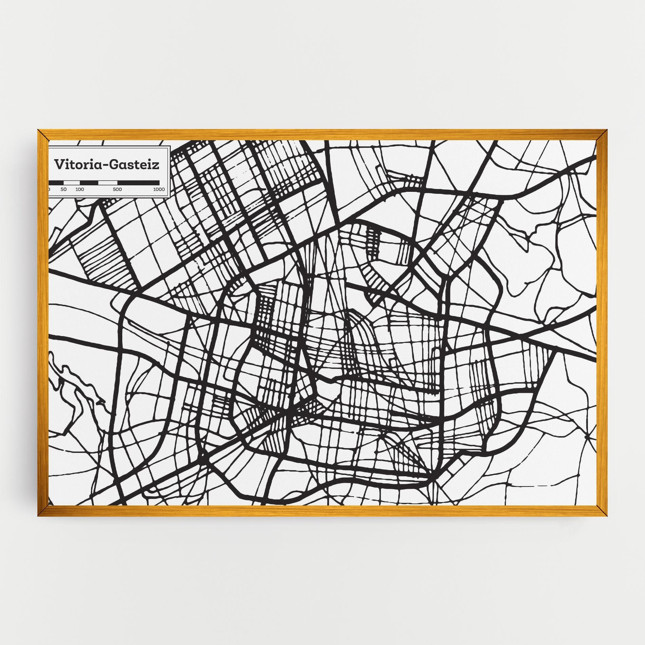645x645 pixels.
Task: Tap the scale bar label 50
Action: point(64,189)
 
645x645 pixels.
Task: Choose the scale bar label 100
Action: point(80,189)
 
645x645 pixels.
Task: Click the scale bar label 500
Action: point(117,189)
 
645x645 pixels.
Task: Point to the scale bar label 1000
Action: point(159,189)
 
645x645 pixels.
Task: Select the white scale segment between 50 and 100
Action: point(72,183)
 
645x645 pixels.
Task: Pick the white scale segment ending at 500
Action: point(108,183)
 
